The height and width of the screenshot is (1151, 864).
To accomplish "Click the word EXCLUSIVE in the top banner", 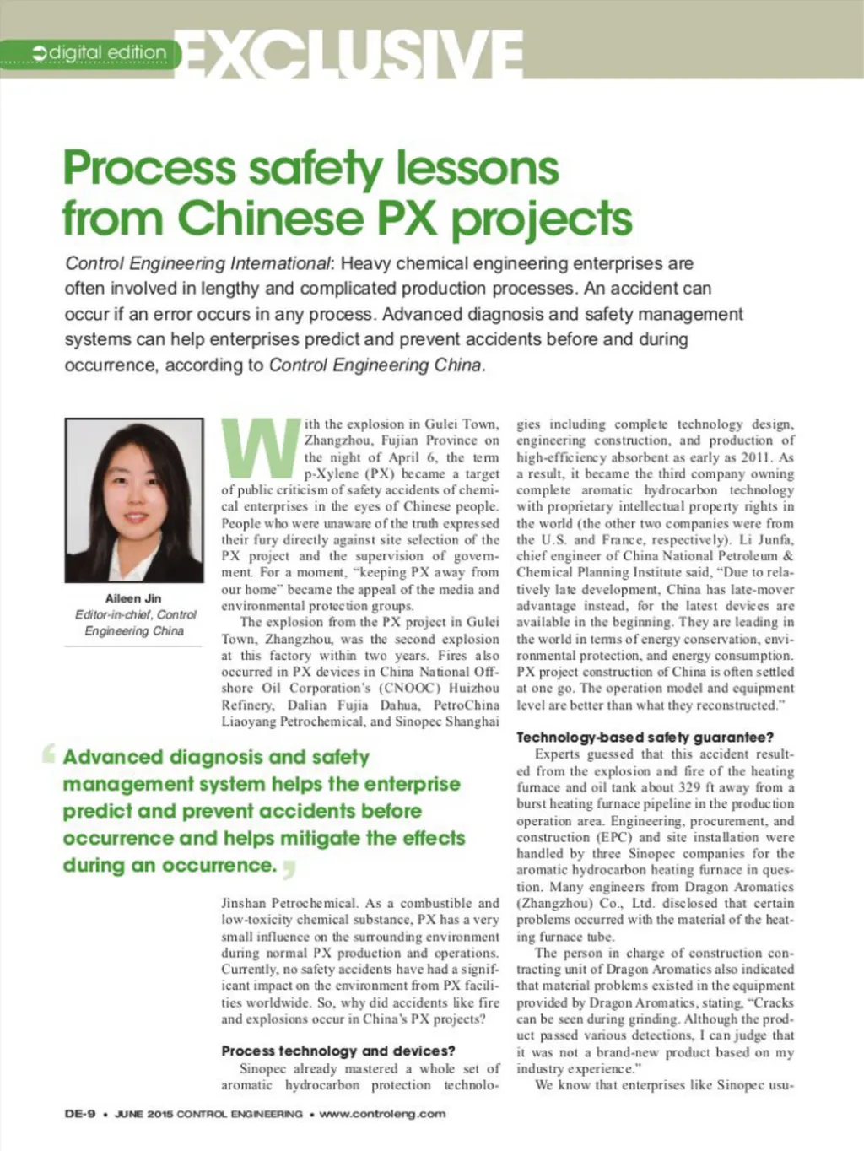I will [351, 56].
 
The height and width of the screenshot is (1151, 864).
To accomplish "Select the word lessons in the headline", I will [478, 167].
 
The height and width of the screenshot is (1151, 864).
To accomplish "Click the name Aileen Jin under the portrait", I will [133, 598].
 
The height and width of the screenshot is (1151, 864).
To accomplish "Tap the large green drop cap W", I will [261, 447].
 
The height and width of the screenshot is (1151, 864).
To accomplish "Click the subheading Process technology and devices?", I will [338, 1051].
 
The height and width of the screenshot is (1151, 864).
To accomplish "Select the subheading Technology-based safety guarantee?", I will [645, 738].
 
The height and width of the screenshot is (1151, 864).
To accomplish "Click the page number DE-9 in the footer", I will [80, 1114].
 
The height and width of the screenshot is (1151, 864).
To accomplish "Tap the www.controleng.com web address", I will [383, 1114].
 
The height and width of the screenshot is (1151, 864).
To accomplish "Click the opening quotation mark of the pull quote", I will [49, 752].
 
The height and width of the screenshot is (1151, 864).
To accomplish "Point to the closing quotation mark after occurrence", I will [289, 868].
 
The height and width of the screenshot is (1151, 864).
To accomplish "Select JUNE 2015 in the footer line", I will [143, 1114].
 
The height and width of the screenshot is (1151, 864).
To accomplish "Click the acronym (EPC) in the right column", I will [616, 837].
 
